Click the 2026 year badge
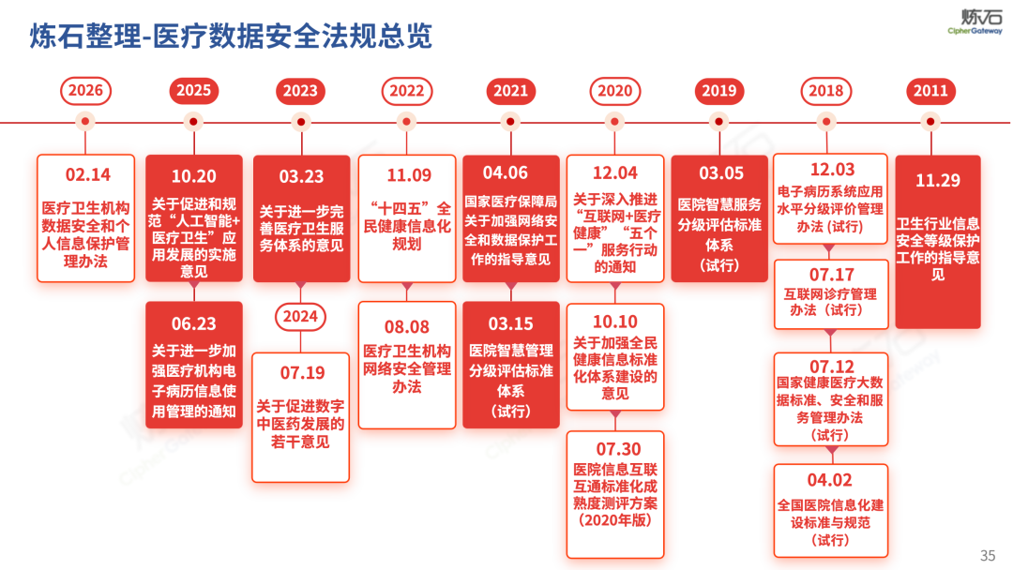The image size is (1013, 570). (x=86, y=91)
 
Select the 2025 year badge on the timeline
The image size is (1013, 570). (x=193, y=91)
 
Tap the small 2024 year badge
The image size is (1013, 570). (x=300, y=317)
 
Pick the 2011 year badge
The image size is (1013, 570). (x=931, y=91)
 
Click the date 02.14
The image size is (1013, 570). (x=87, y=175)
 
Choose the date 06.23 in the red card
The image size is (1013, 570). (x=193, y=323)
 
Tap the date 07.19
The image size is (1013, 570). (x=301, y=373)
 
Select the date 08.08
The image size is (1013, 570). (x=407, y=326)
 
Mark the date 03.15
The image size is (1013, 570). (x=511, y=323)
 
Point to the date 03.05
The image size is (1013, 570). (x=720, y=173)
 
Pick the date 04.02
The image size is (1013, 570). (x=830, y=480)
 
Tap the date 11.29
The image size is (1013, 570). (x=938, y=180)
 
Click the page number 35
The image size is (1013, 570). (x=988, y=555)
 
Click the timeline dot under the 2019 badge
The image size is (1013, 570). (x=719, y=121)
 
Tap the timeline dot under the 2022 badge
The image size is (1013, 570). (x=407, y=121)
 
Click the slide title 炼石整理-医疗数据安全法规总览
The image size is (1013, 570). (x=231, y=36)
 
